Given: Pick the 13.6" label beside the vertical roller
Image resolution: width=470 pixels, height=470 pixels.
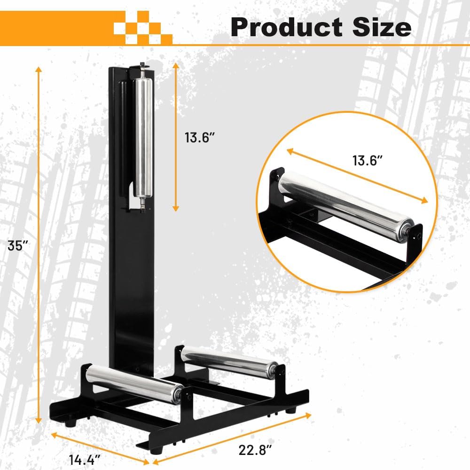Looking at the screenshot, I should (x=200, y=138).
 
